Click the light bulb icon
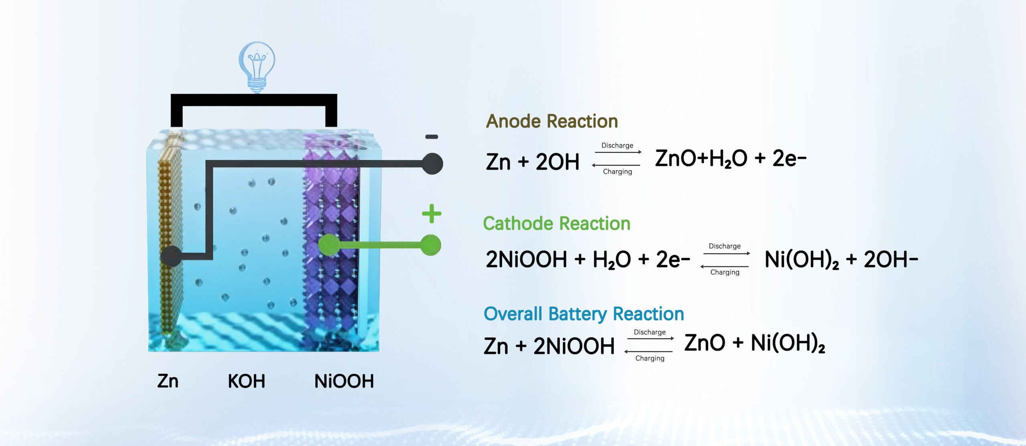[x=257, y=67]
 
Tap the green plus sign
[x=432, y=214]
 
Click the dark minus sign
[x=432, y=137]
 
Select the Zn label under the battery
[x=168, y=381]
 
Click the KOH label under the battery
[x=246, y=381]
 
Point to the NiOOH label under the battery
[x=344, y=381]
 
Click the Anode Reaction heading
[x=552, y=121]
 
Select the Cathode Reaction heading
[x=557, y=224]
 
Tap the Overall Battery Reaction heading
[x=584, y=314]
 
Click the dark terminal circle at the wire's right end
[x=432, y=163]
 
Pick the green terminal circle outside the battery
[x=431, y=245]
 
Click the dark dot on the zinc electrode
[x=171, y=256]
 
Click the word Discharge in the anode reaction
[x=617, y=145]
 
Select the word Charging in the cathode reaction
[x=725, y=272]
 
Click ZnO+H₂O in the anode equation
[x=701, y=159]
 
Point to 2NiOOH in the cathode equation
[x=526, y=259]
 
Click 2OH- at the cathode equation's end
[x=891, y=259]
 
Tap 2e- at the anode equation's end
[x=789, y=159]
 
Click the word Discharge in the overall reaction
[x=650, y=332]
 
